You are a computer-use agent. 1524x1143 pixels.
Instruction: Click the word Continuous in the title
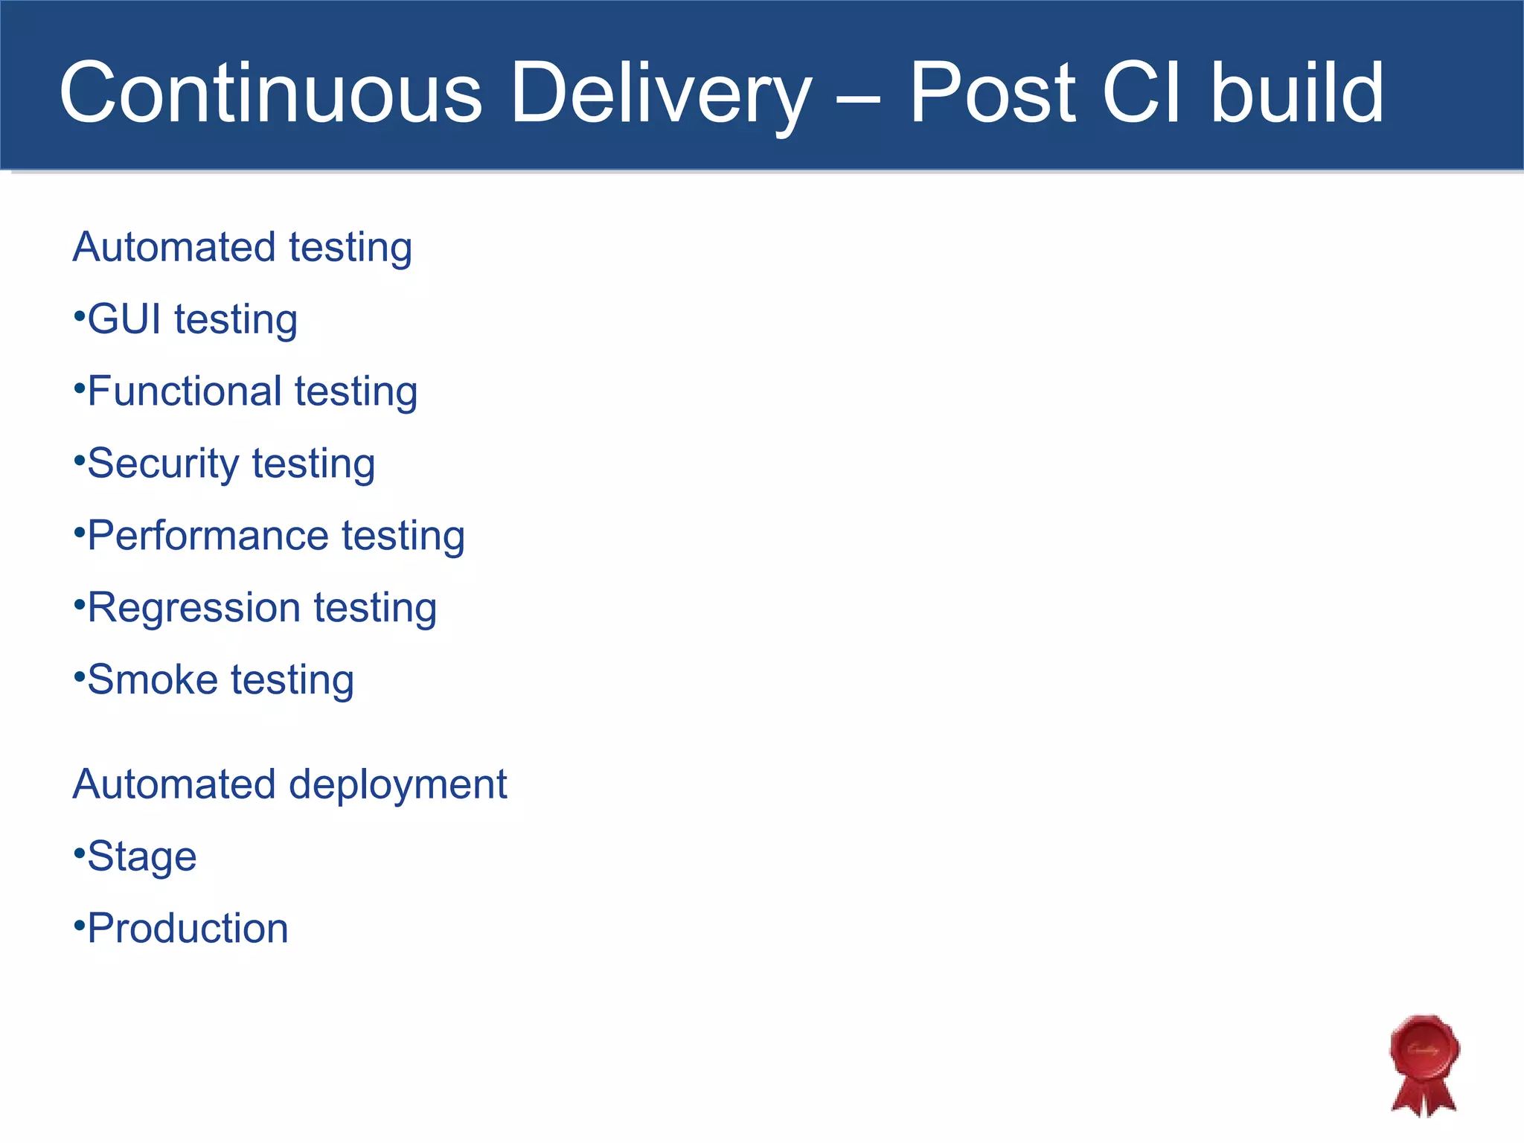coord(270,93)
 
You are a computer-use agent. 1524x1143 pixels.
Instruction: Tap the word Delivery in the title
coord(661,93)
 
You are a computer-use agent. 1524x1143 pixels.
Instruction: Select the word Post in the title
coord(993,93)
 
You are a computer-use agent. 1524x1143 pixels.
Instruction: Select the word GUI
coord(124,319)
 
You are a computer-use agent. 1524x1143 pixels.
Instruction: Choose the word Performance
coord(208,536)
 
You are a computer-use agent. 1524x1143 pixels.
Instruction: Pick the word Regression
coord(193,608)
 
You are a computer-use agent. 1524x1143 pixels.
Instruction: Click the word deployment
coord(397,784)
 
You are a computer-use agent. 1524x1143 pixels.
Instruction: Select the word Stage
coord(142,857)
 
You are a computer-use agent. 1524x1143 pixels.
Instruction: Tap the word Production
coord(188,929)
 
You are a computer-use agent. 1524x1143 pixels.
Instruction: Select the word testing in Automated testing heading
coord(350,248)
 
